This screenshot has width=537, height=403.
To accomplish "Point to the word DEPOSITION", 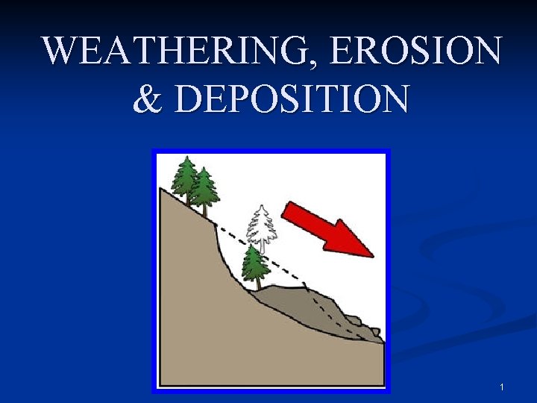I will point(292,99).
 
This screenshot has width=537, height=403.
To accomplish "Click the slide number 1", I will point(502,387).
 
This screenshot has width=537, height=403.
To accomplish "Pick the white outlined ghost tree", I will point(261,224).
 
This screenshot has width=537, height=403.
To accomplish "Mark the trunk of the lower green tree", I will point(257,284).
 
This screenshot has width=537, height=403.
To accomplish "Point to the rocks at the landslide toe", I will point(363,328).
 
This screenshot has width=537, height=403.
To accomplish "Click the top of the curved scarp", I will point(216,225).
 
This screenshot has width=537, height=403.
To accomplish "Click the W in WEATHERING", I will point(60,52).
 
